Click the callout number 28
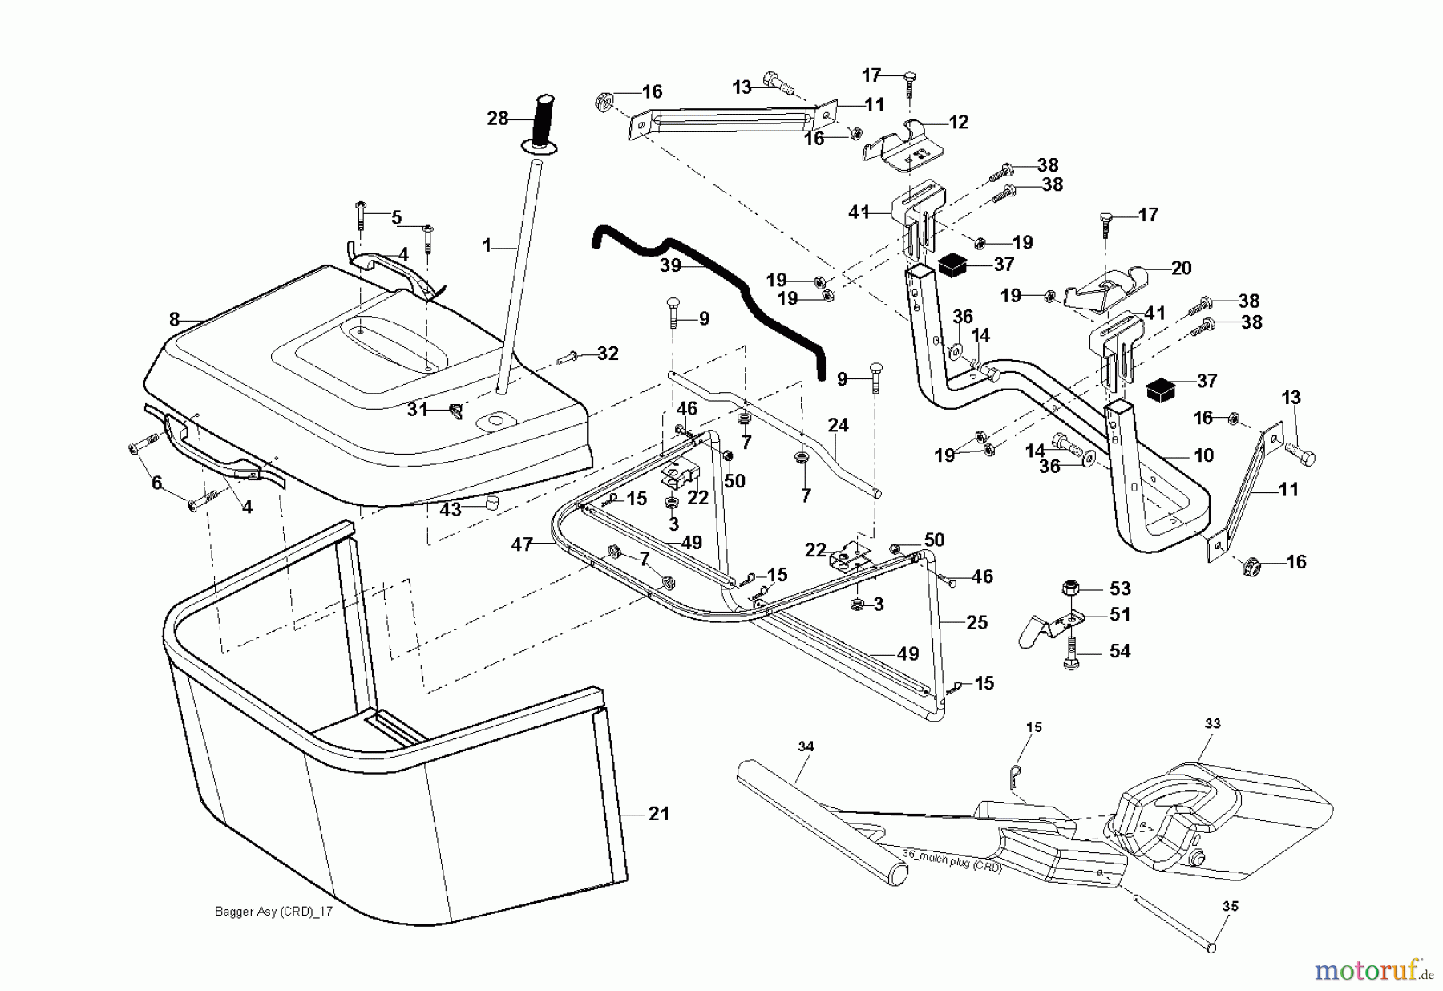point(498,119)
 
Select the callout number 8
point(175,319)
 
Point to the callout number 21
point(658,814)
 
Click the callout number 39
point(670,265)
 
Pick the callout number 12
point(959,122)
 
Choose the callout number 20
point(1182,268)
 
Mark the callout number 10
point(1203,455)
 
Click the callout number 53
point(1119,589)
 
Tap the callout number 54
point(1119,651)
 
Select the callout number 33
point(1212,723)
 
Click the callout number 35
point(1230,906)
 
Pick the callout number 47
point(522,545)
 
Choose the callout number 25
point(976,622)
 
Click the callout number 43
point(451,509)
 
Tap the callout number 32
point(608,354)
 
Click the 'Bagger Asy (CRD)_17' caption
point(273,912)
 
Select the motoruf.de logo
point(1373,971)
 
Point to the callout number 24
point(838,425)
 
